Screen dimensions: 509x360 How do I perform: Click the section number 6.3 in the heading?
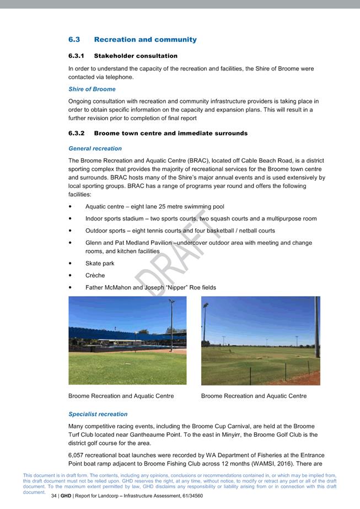pyautogui.click(x=74, y=40)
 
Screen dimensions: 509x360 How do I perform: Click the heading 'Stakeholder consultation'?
pyautogui.click(x=136, y=56)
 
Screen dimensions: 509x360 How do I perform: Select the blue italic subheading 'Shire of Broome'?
pyautogui.click(x=92, y=89)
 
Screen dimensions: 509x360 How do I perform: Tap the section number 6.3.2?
pyautogui.click(x=76, y=133)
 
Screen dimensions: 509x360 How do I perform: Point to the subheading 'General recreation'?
pyautogui.click(x=95, y=148)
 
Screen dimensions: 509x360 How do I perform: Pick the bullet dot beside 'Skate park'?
pyautogui.click(x=70, y=264)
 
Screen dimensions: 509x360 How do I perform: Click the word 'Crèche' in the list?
pyautogui.click(x=95, y=276)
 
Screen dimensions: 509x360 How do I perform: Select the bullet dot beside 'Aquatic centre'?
pyautogui.click(x=70, y=207)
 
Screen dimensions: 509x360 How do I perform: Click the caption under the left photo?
pyautogui.click(x=121, y=396)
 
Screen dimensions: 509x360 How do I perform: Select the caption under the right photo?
pyautogui.click(x=254, y=396)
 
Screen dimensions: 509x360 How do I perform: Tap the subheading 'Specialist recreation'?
pyautogui.click(x=98, y=414)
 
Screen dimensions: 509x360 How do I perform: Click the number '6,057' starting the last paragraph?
pyautogui.click(x=77, y=455)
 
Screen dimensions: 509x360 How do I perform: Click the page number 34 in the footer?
pyautogui.click(x=54, y=496)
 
